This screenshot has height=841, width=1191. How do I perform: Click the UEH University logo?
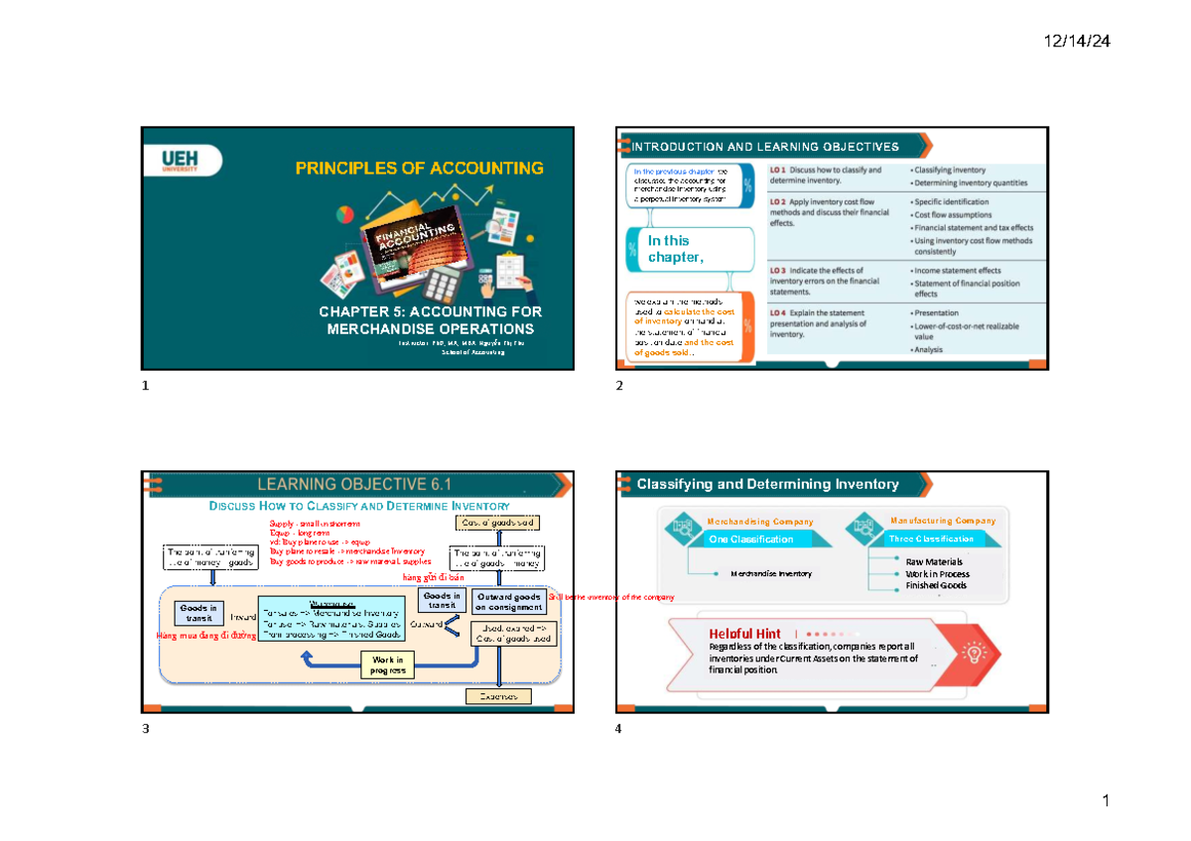(x=181, y=161)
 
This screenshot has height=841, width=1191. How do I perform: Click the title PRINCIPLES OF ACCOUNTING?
(x=419, y=169)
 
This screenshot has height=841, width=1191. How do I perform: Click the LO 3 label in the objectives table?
(x=779, y=270)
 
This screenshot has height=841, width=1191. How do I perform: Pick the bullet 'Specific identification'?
(x=953, y=201)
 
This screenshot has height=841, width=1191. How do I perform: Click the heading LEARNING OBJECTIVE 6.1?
(x=354, y=484)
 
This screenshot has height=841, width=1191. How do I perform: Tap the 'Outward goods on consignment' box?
(x=506, y=601)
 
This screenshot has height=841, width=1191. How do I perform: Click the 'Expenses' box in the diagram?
(x=498, y=696)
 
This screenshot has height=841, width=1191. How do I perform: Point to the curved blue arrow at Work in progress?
(x=328, y=661)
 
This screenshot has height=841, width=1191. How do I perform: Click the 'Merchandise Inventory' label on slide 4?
(x=771, y=573)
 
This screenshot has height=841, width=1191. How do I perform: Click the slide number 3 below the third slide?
(x=146, y=729)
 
